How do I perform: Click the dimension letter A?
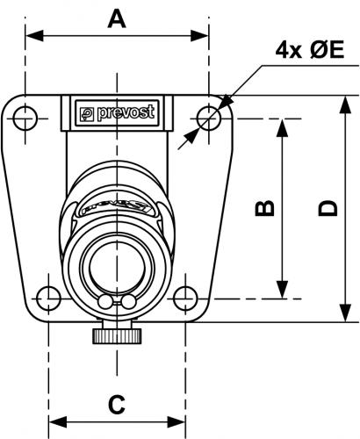click(x=117, y=18)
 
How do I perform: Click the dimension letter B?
click(x=265, y=208)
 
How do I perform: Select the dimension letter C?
click(x=117, y=405)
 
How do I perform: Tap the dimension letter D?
click(x=328, y=208)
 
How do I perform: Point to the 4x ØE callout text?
click(x=310, y=50)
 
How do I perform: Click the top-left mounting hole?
click(x=25, y=119)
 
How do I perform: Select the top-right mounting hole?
click(x=209, y=119)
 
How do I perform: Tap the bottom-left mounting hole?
click(x=48, y=299)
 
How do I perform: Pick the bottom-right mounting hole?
click(x=185, y=299)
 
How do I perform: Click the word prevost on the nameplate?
click(x=126, y=113)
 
